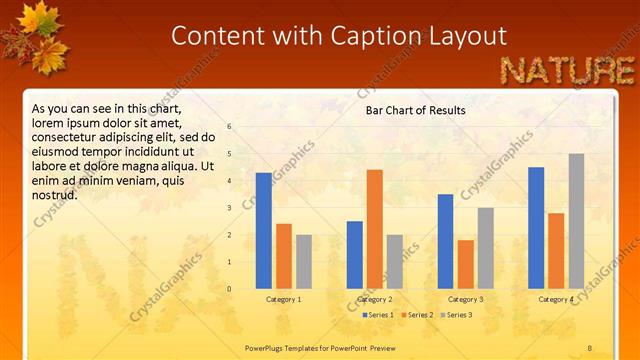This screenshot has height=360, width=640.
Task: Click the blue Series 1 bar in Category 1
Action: point(263,230)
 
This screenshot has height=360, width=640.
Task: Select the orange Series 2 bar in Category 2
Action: point(374,228)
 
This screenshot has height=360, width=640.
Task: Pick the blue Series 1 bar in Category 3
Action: point(445,241)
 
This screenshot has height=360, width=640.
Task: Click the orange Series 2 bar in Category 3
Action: point(465,264)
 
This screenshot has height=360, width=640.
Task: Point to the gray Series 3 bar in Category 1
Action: point(303,261)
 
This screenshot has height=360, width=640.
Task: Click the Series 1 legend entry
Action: point(378,315)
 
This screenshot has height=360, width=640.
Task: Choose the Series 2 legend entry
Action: point(418,315)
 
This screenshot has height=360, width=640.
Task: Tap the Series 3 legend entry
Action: point(457,315)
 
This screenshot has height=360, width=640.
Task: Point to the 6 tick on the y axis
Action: point(230,127)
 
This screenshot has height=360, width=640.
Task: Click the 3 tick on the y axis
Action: point(230,208)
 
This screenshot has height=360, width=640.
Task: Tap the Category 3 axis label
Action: point(465,299)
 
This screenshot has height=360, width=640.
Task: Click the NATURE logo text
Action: point(566,70)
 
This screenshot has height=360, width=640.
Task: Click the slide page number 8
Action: point(589,347)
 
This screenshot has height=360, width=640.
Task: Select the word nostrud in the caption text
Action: point(55,194)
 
